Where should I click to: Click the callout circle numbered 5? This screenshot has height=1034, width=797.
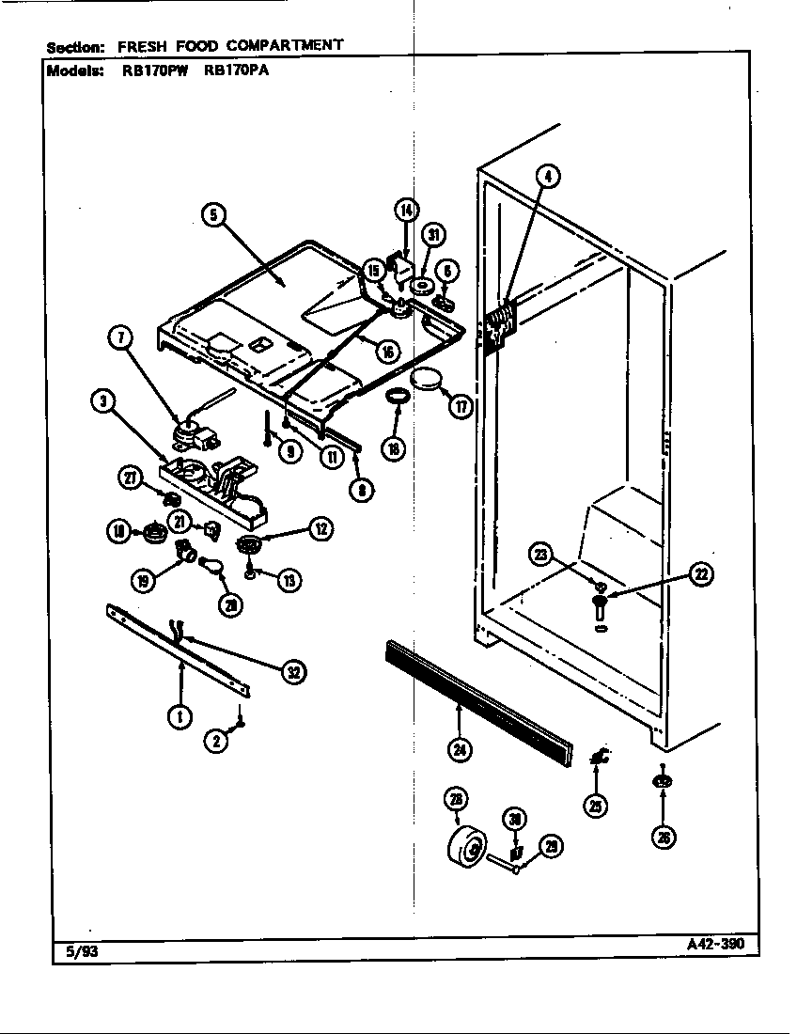click(x=214, y=215)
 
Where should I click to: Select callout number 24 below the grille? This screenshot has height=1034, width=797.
click(x=460, y=749)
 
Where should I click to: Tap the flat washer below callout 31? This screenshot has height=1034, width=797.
click(x=422, y=285)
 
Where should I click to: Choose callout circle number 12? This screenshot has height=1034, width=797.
click(x=321, y=529)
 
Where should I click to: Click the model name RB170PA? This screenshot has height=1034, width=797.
click(x=236, y=70)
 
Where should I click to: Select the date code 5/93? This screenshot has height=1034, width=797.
click(x=82, y=950)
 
